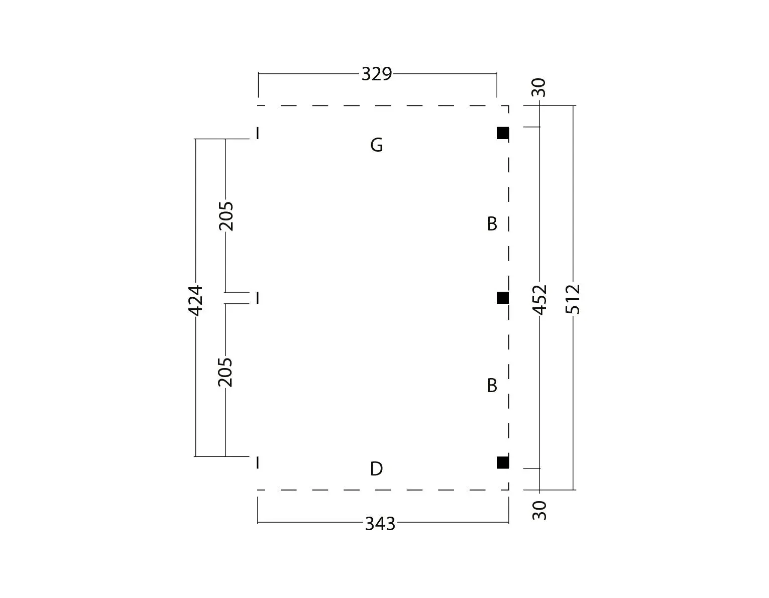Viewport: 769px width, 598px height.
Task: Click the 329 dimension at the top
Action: (377, 74)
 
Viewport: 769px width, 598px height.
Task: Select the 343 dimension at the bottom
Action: (380, 524)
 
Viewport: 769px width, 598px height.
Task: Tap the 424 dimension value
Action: (195, 300)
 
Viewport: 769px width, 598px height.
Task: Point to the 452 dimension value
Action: (539, 300)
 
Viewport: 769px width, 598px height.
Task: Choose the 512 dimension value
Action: (573, 299)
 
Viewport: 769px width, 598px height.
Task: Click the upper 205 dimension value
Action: (226, 216)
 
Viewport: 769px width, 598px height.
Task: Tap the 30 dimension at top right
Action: (539, 87)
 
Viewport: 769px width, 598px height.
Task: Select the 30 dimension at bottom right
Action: (539, 510)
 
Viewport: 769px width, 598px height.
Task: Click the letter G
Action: (377, 145)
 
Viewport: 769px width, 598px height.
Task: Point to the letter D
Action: (377, 469)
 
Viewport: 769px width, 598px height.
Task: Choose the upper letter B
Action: (492, 224)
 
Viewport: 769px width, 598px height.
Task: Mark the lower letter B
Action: (492, 385)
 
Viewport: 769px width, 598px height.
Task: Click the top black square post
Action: (503, 133)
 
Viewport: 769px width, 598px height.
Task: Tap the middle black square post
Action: (503, 298)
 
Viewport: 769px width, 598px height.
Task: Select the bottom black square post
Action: (503, 462)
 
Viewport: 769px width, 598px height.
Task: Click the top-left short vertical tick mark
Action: (258, 134)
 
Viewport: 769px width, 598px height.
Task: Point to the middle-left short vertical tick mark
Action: (258, 298)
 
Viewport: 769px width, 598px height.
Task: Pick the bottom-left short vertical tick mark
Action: (258, 462)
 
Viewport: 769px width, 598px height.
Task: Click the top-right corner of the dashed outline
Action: (509, 105)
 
